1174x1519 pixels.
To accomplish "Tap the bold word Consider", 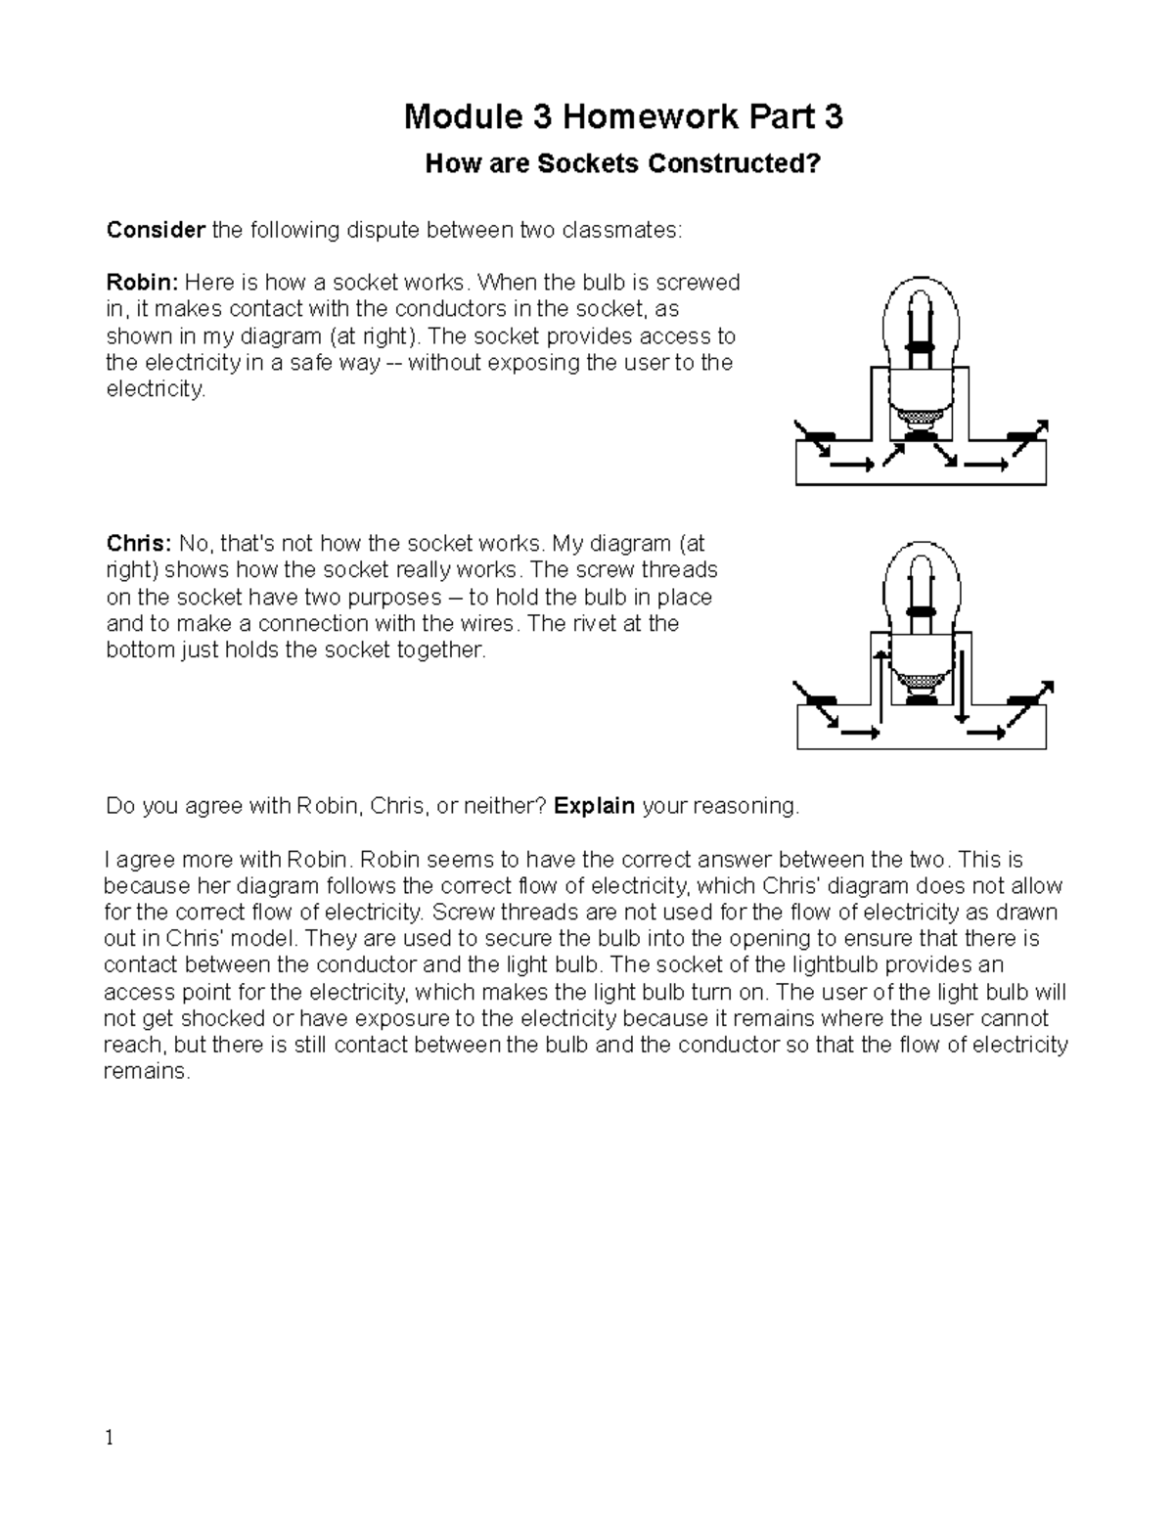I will [156, 230].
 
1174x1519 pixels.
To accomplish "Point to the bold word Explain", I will [595, 806].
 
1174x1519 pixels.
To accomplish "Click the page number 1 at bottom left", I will [110, 1438].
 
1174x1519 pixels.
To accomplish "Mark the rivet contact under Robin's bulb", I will [919, 437].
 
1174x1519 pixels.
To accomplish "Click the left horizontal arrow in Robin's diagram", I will [852, 465].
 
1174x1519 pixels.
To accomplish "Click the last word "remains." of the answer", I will [145, 1072].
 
